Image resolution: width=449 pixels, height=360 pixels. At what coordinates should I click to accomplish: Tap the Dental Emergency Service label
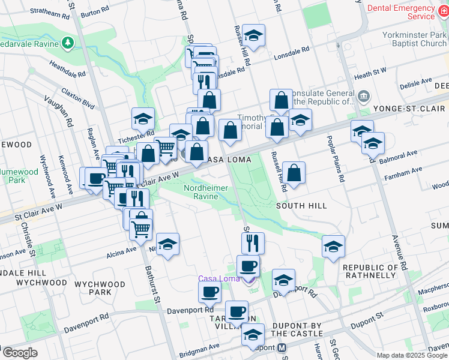pyautogui.click(x=400, y=12)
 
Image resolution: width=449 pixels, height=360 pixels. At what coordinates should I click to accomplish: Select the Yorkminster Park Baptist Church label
pyautogui.click(x=414, y=39)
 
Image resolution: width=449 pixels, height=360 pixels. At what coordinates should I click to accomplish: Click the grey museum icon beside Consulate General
pyautogui.click(x=364, y=97)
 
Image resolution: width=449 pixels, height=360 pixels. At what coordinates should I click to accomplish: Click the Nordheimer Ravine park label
pyautogui.click(x=205, y=192)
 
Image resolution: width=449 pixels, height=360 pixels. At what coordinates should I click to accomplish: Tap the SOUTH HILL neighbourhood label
pyautogui.click(x=301, y=206)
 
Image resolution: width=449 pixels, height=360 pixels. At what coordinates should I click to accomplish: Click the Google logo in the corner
pyautogui.click(x=19, y=353)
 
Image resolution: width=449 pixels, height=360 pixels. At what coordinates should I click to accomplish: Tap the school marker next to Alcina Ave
pyautogui.click(x=168, y=244)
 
